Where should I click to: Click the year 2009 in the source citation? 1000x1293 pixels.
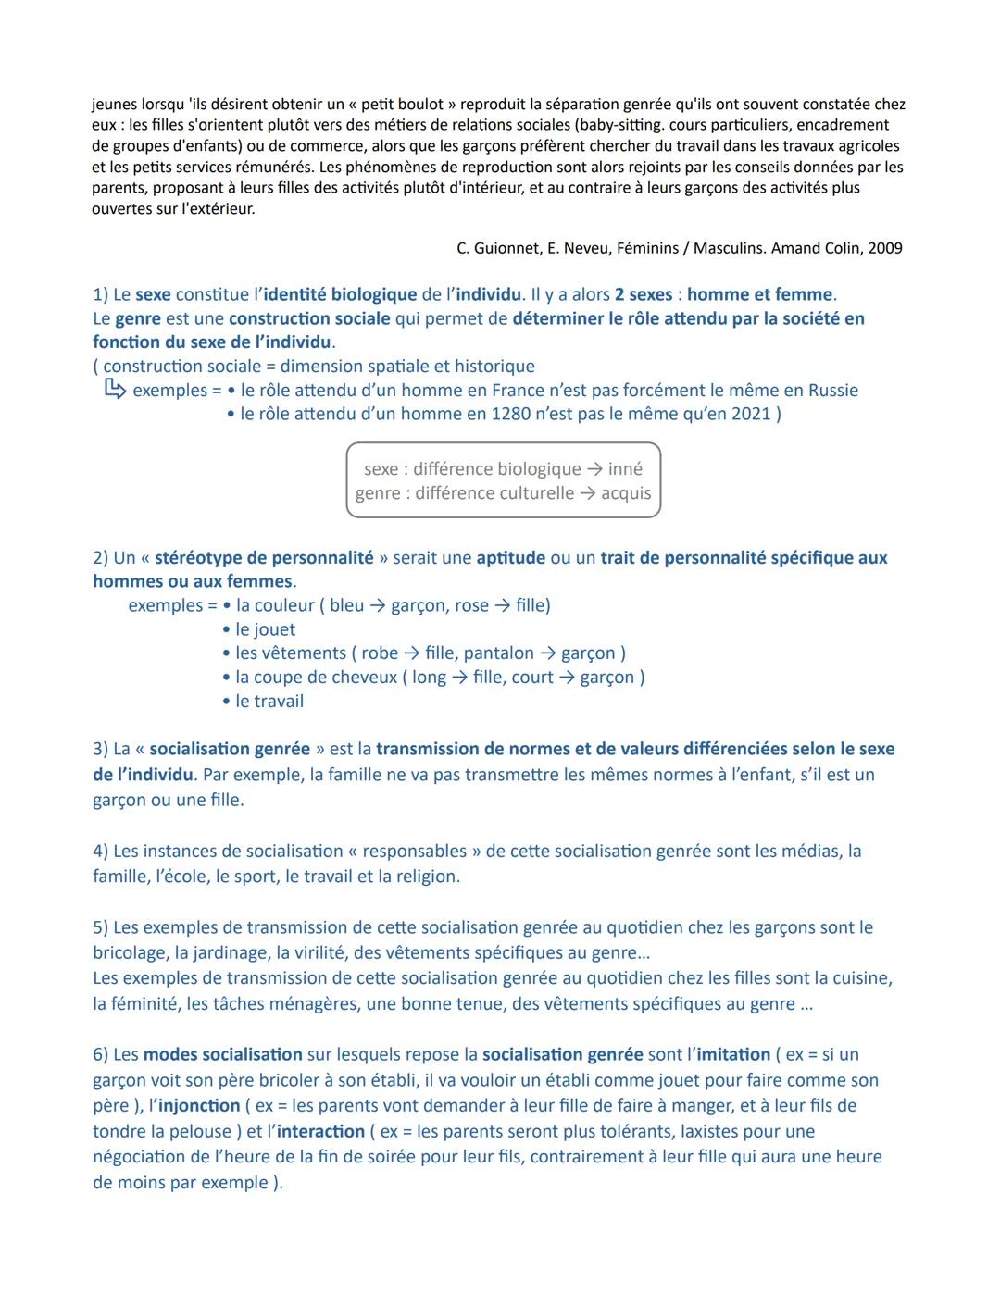pyautogui.click(x=884, y=248)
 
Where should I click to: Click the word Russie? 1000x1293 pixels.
pyautogui.click(x=828, y=390)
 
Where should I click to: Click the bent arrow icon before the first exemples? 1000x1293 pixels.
pyautogui.click(x=114, y=390)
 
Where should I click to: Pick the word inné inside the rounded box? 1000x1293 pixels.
pyautogui.click(x=625, y=469)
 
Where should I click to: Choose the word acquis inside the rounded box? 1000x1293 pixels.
pyautogui.click(x=626, y=493)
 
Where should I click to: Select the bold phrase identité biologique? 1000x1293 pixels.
pyautogui.click(x=340, y=294)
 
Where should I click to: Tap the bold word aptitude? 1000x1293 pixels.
pyautogui.click(x=510, y=557)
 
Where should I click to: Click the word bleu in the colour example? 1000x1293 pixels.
pyautogui.click(x=346, y=605)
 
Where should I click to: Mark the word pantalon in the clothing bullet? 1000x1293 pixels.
pyautogui.click(x=499, y=653)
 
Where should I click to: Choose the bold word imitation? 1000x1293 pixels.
pyautogui.click(x=732, y=1054)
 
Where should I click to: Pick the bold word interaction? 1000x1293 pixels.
pyautogui.click(x=320, y=1131)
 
